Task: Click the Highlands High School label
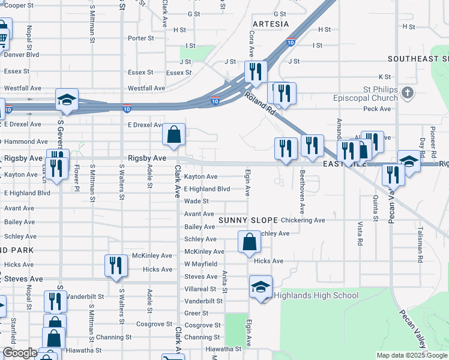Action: click(x=316, y=295)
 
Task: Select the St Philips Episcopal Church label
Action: click(x=376, y=93)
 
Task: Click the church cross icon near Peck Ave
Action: click(x=408, y=93)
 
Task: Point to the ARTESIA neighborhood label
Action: click(x=271, y=24)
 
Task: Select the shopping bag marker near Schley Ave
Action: click(x=250, y=242)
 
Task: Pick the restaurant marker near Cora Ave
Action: click(x=256, y=72)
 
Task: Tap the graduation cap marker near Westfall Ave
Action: click(x=67, y=100)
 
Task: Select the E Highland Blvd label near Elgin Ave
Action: click(x=207, y=189)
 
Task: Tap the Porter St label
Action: click(x=142, y=38)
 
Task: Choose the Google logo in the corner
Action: click(x=19, y=353)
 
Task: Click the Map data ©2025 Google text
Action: click(x=412, y=355)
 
